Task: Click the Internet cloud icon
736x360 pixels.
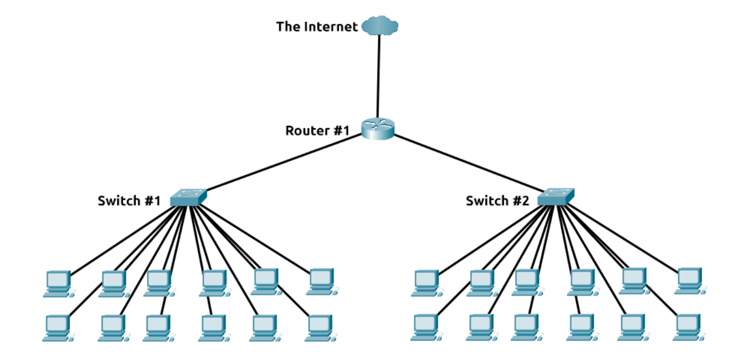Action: pyautogui.click(x=380, y=26)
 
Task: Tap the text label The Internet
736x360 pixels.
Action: pyautogui.click(x=317, y=27)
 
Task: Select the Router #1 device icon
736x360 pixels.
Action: pyautogui.click(x=377, y=129)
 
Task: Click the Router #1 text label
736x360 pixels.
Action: pyautogui.click(x=317, y=131)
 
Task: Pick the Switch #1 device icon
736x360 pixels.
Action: pyautogui.click(x=188, y=197)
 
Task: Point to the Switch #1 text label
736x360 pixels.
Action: pyautogui.click(x=129, y=201)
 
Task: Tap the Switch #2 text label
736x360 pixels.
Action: pyautogui.click(x=497, y=201)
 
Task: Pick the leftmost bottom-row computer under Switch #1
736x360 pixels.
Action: pyautogui.click(x=57, y=327)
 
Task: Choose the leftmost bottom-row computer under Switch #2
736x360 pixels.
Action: pyautogui.click(x=426, y=327)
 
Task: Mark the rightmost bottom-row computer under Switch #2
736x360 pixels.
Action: pyautogui.click(x=688, y=327)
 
